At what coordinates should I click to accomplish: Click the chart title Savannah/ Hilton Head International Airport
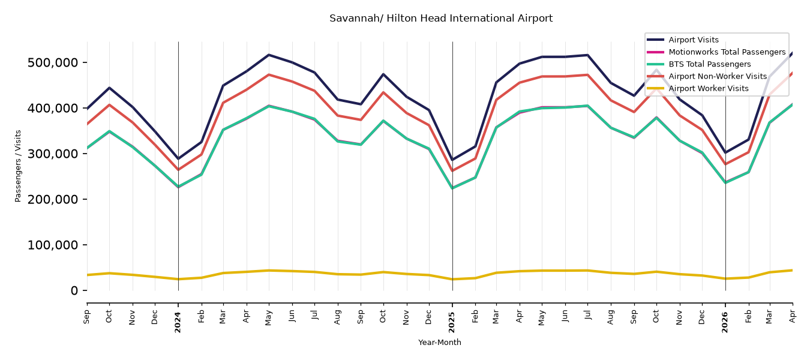point(441,19)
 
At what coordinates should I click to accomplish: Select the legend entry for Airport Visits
point(693,40)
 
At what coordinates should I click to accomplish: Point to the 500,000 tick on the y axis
point(53,63)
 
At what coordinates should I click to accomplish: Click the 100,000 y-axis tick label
point(53,245)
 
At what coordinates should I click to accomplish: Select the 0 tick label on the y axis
point(74,290)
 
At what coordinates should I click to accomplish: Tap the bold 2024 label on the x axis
point(178,322)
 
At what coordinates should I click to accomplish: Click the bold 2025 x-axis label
point(452,322)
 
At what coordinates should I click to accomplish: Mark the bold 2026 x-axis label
point(725,322)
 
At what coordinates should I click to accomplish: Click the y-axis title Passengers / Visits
point(18,166)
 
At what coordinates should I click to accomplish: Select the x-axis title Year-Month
point(440,342)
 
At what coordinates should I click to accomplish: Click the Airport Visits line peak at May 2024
point(269,55)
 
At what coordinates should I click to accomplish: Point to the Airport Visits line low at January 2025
point(452,160)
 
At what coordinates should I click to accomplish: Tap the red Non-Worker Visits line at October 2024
point(383,92)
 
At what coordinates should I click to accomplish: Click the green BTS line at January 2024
point(178,187)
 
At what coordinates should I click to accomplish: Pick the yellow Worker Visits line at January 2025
point(452,279)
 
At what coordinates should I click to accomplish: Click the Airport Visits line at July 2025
point(588,55)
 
